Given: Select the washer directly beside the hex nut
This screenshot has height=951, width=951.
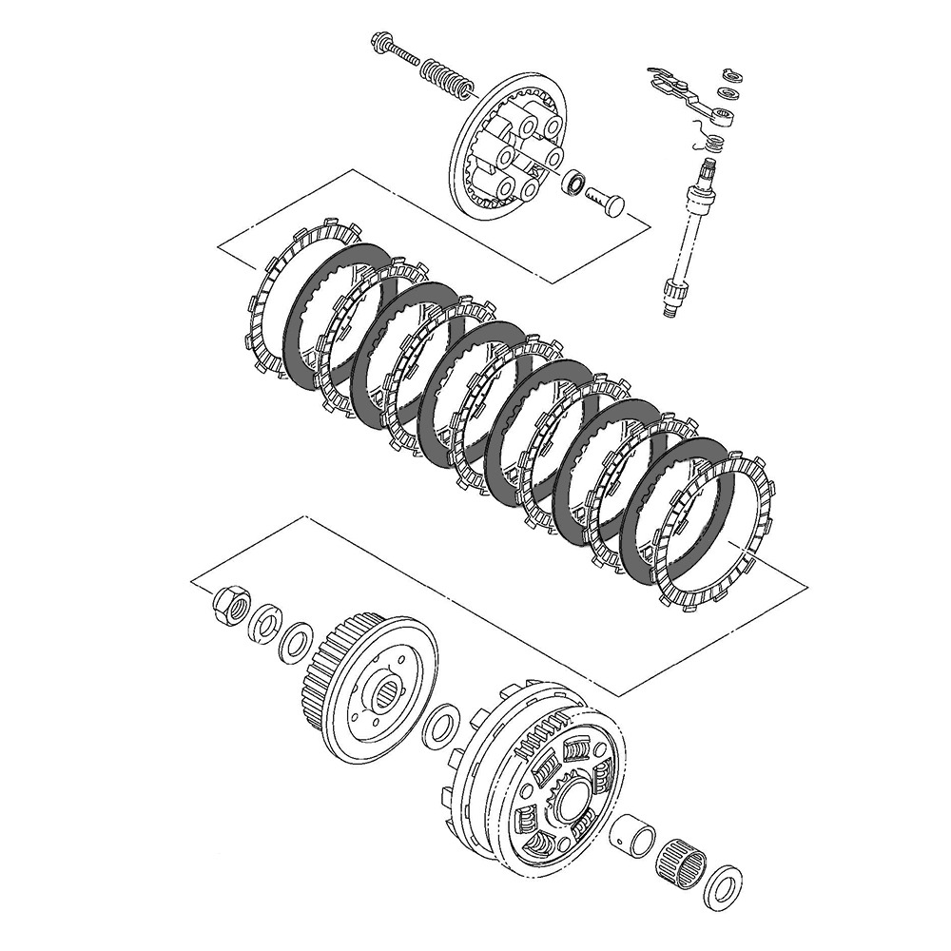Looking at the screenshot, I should click(x=263, y=625).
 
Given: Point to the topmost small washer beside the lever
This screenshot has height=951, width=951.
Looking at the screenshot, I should click(x=730, y=73).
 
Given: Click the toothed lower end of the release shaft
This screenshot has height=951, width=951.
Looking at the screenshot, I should click(x=670, y=295).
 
